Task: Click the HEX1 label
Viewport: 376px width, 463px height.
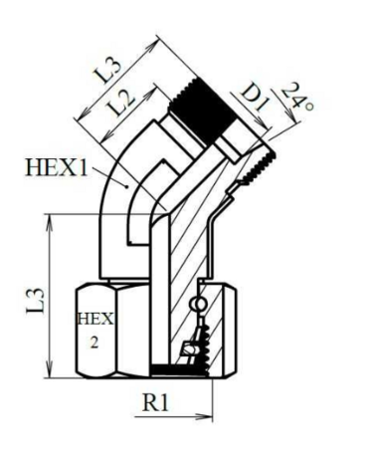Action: click(x=57, y=167)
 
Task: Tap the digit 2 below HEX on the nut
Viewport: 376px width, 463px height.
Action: click(x=94, y=343)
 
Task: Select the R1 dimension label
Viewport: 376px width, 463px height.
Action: click(x=156, y=403)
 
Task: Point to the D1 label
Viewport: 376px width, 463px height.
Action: click(x=254, y=98)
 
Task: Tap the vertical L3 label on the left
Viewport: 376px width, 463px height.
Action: click(x=35, y=301)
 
